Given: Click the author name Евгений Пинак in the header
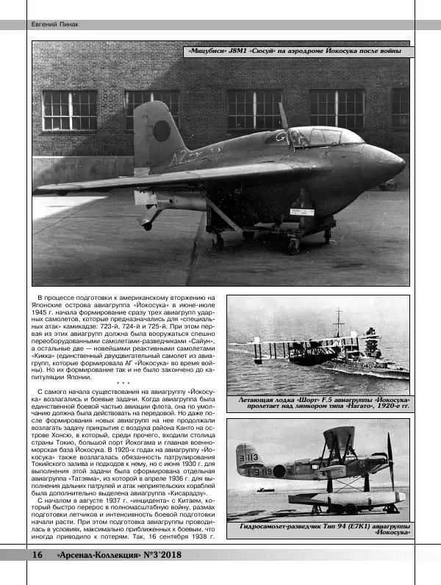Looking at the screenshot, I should point(54,24).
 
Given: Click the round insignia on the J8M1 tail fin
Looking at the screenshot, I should point(161,131).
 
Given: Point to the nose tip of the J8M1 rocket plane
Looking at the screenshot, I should point(404,161).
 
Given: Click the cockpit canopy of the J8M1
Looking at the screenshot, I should point(320,137).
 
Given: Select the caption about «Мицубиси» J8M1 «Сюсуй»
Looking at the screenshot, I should point(298,51).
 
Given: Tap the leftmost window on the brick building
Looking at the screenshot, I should point(70,110).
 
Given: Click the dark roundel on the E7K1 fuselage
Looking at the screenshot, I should point(279,472).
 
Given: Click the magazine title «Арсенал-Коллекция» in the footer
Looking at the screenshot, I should point(111,556).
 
